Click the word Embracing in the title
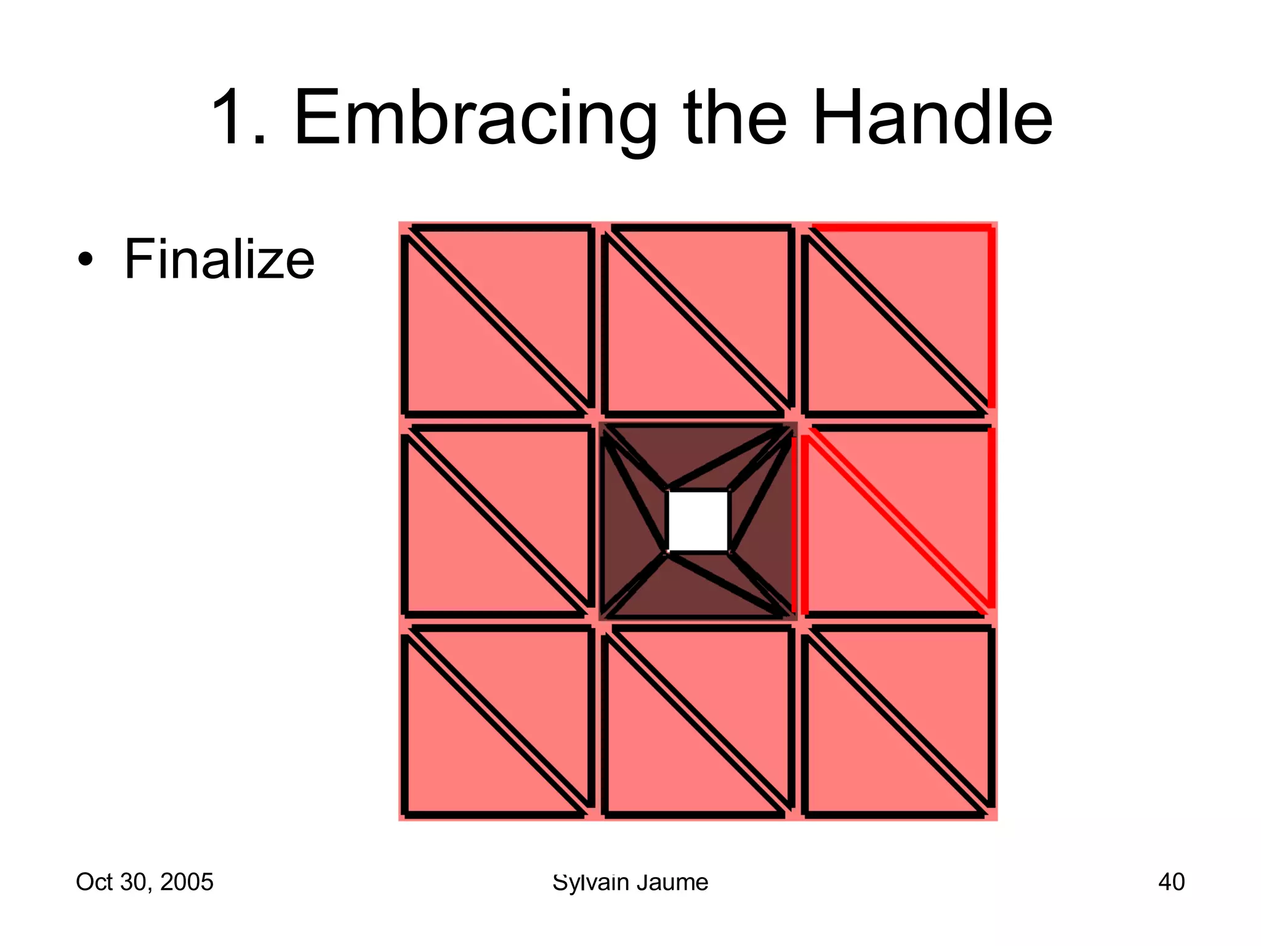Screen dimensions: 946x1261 (475, 118)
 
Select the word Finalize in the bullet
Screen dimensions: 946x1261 (219, 259)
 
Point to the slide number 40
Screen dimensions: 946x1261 (1171, 882)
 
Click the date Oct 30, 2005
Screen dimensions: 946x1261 (144, 882)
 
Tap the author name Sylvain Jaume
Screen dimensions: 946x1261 (630, 882)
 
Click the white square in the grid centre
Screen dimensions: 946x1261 (698, 521)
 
